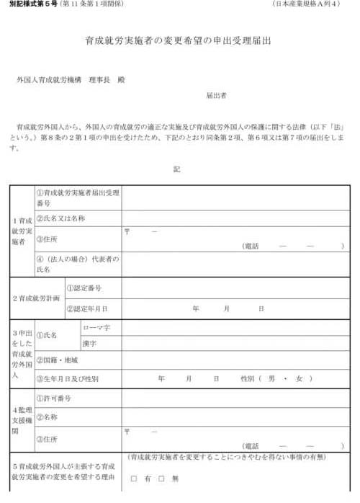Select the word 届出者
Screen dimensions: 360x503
click(216, 94)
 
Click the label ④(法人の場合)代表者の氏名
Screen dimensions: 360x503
click(78, 263)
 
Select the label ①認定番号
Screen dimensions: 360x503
click(84, 288)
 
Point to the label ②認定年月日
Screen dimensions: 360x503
click(86, 308)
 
